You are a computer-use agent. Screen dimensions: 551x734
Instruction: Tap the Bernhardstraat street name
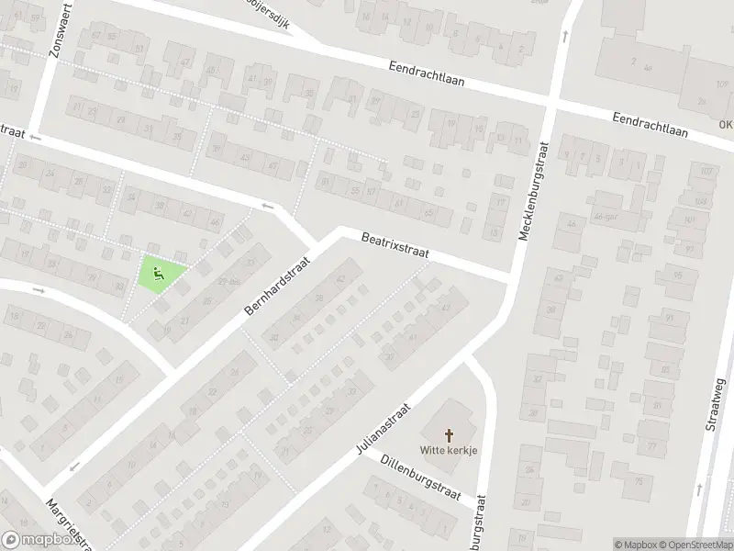point(277,287)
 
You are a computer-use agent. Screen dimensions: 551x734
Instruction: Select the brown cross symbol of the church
point(450,434)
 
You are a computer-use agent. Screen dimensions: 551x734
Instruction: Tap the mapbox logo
point(39,540)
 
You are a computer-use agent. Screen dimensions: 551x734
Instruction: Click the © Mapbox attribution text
point(636,545)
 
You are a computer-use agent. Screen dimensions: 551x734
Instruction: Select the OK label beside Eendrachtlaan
point(726,127)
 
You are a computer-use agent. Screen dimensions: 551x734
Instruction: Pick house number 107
point(706,172)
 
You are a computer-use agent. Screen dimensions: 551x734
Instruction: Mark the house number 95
point(677,275)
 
